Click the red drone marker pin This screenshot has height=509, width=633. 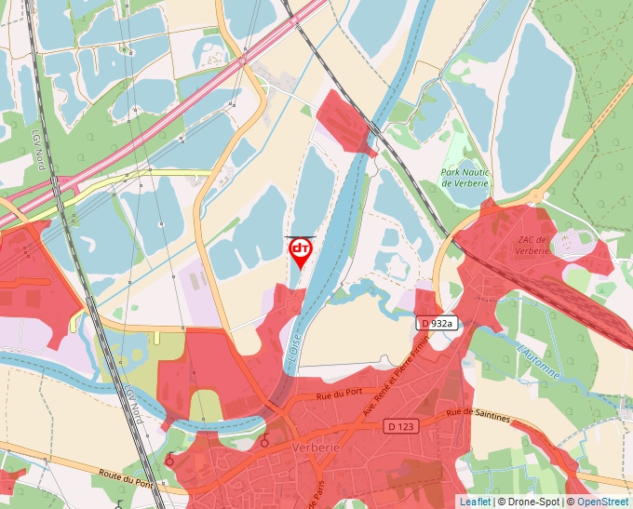tap(301, 251)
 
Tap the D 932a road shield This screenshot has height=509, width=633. tap(438, 323)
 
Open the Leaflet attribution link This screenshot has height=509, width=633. tap(475, 502)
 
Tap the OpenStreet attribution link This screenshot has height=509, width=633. tap(603, 502)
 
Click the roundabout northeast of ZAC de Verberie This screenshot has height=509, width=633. tap(536, 196)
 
